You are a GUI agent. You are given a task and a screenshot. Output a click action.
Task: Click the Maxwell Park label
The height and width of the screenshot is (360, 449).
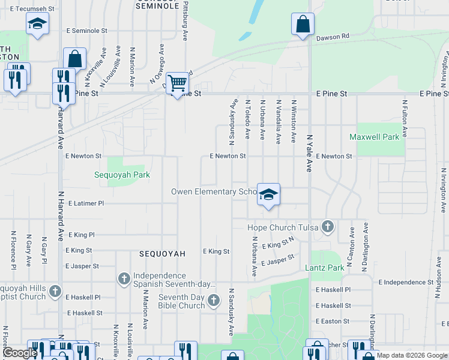375,137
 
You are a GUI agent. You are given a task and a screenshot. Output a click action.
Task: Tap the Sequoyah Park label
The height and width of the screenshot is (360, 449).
122,175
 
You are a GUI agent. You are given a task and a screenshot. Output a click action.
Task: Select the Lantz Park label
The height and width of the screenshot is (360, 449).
325,268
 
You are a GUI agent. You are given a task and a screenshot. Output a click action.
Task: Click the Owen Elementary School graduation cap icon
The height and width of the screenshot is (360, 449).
269,194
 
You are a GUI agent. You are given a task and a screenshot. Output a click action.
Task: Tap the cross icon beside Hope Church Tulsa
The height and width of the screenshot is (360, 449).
327,227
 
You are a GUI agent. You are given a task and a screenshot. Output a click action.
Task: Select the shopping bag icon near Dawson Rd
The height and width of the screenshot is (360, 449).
303,25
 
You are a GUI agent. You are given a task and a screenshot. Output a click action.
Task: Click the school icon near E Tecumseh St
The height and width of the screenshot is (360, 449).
38,24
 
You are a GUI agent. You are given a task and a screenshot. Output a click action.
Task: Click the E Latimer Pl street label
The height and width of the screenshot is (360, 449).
86,203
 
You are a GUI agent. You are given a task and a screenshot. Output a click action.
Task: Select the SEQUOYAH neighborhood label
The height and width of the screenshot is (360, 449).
162,254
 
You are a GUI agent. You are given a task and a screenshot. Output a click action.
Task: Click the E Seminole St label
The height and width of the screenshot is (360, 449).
87,30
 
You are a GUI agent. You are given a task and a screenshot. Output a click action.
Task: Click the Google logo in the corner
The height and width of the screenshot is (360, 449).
20,353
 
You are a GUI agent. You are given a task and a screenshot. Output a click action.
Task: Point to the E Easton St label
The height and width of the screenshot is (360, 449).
333,321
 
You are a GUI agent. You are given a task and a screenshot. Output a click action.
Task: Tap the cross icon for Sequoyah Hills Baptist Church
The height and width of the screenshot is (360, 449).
55,292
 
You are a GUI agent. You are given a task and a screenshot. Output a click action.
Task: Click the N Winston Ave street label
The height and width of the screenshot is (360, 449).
294,121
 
